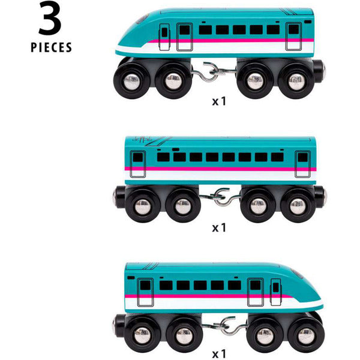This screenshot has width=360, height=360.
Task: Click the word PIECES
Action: point(51,47)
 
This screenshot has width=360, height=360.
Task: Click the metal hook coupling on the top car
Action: point(214,70)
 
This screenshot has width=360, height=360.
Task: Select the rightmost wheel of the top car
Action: point(295,82)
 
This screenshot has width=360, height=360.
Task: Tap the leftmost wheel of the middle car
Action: point(142,206)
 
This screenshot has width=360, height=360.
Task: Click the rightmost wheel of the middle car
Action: point(298,206)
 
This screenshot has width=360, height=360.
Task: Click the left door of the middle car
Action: point(138,163)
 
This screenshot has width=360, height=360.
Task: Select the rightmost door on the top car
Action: point(293,36)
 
